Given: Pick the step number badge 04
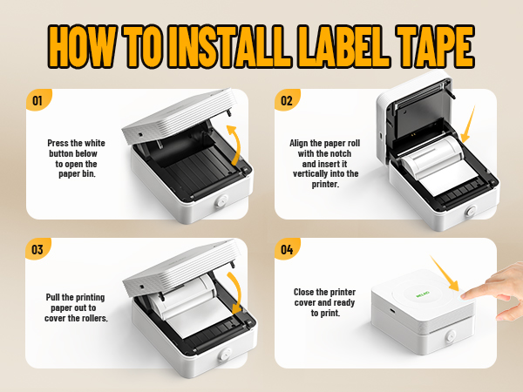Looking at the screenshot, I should point(284,249).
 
